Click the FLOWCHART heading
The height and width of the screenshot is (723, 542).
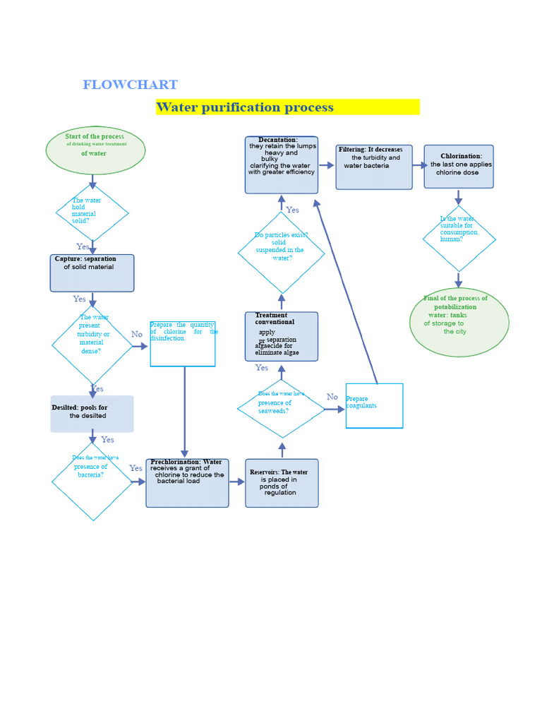[130, 85]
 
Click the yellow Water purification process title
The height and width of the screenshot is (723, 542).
[287, 107]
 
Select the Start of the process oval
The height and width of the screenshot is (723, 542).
[95, 150]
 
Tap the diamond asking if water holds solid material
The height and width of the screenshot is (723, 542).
[92, 212]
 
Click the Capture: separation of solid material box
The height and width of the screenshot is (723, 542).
[92, 273]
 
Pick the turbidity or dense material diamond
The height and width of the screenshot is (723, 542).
[92, 345]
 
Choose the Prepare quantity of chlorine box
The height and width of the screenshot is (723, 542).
[183, 344]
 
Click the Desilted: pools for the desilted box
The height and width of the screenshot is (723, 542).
[92, 414]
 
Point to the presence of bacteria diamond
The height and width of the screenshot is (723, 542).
[92, 482]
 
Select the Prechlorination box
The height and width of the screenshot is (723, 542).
[187, 483]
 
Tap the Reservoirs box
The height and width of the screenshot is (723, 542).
[282, 483]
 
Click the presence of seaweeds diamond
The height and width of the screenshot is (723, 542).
[281, 408]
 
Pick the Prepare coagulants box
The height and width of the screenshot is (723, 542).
[374, 406]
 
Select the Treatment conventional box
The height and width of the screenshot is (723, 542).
[282, 336]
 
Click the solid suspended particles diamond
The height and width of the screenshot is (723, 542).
[281, 252]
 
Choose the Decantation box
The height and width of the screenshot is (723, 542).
[282, 165]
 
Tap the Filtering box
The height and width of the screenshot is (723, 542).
[374, 167]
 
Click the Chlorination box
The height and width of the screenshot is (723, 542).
[459, 167]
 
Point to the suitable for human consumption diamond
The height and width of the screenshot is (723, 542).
[459, 239]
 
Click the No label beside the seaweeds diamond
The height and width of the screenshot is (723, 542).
[332, 397]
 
